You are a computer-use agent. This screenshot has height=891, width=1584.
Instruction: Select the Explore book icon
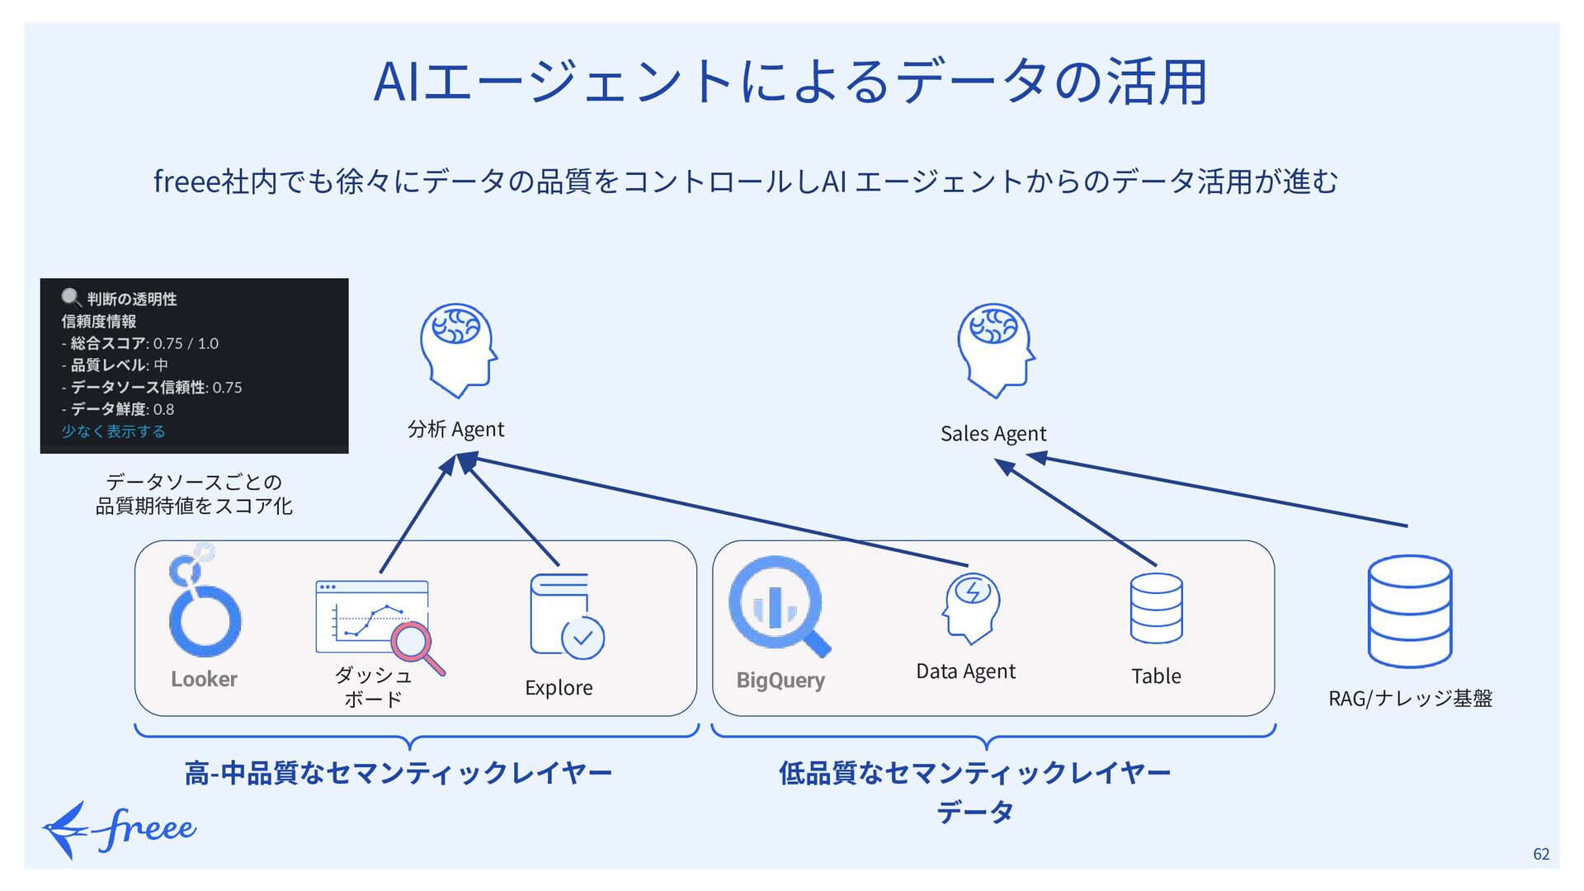tap(567, 615)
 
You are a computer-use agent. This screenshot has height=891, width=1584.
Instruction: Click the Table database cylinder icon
tap(1156, 608)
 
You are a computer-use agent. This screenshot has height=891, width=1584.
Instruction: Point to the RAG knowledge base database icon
tap(1410, 611)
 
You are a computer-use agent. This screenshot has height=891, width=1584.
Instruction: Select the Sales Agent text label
tap(993, 434)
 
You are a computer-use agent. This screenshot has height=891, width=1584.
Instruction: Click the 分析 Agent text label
tap(455, 429)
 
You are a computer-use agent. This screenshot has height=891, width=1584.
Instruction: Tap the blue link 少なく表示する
tap(113, 431)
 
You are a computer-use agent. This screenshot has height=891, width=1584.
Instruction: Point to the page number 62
tap(1541, 854)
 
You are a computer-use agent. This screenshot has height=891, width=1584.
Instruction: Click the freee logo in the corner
tap(120, 829)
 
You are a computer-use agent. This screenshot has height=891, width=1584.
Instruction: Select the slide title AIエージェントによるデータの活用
tap(790, 82)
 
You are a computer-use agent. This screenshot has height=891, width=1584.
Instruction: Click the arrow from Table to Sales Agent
tap(1076, 512)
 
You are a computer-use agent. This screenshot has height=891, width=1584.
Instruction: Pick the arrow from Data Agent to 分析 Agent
tap(713, 511)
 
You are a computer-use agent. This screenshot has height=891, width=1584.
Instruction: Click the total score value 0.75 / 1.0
tap(186, 343)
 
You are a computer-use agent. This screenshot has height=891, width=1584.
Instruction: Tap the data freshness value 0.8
tap(163, 409)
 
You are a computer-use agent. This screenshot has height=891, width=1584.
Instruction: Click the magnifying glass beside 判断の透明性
tap(71, 298)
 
